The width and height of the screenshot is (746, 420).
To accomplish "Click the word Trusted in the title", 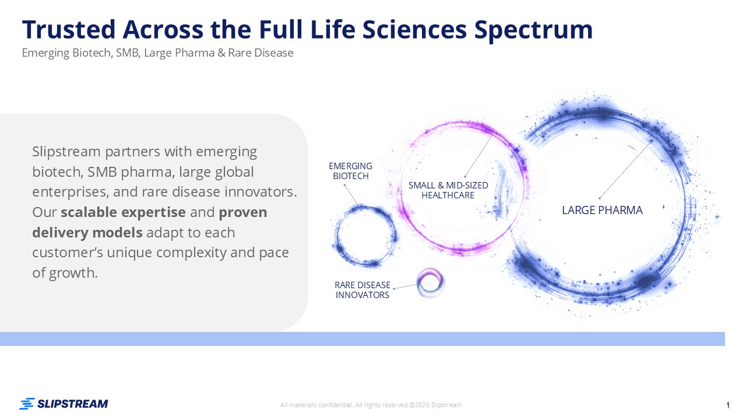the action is click(69, 29).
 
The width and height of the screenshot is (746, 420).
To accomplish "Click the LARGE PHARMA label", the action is click(602, 211).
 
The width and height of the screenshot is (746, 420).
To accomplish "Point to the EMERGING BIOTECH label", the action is click(350, 171).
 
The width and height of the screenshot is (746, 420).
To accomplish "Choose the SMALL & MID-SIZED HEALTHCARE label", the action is click(448, 190).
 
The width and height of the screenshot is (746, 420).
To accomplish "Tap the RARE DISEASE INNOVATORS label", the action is click(363, 290).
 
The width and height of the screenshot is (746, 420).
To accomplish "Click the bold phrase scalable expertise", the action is click(123, 212).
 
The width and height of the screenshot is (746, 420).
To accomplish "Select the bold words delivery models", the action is click(87, 232).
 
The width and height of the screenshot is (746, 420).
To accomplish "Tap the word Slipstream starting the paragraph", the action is click(66, 152).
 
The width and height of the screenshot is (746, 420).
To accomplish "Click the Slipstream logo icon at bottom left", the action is click(27, 404).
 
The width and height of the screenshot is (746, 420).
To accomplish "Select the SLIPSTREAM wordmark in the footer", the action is click(73, 404).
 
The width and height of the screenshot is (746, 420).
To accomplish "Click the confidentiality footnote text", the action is click(371, 405).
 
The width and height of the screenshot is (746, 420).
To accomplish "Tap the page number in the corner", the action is click(728, 405).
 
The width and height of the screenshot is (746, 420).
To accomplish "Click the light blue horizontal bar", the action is click(363, 339).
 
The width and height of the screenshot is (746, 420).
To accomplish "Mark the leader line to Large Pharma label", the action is click(625, 169).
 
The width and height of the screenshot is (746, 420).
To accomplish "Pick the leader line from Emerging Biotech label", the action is click(351, 195).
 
